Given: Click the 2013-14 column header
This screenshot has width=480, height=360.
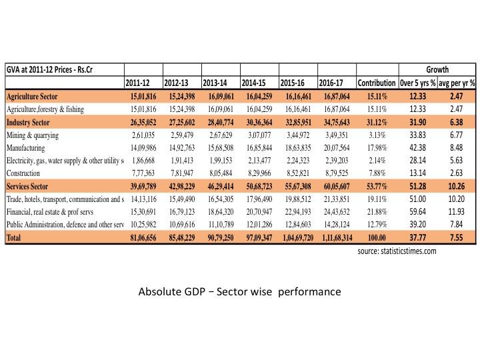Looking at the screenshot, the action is [x=215, y=83].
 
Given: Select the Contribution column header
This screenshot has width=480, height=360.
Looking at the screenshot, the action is [x=377, y=83].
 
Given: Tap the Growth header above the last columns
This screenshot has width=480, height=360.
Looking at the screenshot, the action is [x=437, y=69].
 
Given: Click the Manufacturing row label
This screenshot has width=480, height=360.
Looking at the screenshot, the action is [x=26, y=148].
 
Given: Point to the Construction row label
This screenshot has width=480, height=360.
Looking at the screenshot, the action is [x=23, y=173].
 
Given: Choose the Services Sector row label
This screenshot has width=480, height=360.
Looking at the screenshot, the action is [x=27, y=187].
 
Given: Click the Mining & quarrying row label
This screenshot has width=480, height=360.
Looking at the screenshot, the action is [x=33, y=135].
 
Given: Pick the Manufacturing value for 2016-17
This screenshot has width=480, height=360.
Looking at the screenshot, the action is [x=337, y=148].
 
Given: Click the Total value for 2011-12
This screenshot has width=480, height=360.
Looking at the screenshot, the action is [x=143, y=237].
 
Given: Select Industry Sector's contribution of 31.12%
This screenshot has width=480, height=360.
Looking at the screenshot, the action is [x=377, y=123].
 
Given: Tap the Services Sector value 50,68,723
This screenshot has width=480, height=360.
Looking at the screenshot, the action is [x=259, y=187].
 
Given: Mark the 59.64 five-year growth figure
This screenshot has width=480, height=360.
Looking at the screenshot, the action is [x=417, y=212].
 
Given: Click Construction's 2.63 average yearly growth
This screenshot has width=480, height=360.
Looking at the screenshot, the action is [x=456, y=173].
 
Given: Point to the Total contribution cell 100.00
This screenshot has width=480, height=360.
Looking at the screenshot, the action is [x=377, y=237].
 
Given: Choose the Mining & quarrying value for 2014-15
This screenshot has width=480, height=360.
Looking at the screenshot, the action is [x=259, y=135].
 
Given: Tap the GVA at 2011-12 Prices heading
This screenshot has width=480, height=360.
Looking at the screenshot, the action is [x=49, y=70].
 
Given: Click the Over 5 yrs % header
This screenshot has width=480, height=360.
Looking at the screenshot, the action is [x=417, y=83].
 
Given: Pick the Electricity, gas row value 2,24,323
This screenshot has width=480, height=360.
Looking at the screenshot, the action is [x=298, y=161].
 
